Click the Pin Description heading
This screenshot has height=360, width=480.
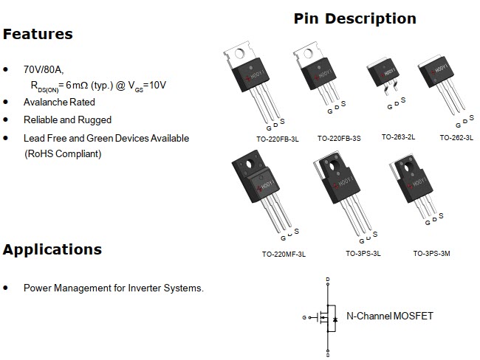tap(354, 18)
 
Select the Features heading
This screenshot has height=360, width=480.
tap(38, 34)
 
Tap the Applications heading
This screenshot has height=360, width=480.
tap(52, 249)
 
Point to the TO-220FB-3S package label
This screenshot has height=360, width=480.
tap(339, 138)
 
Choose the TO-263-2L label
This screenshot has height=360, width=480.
tap(398, 137)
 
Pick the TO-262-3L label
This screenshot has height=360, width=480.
tap(456, 137)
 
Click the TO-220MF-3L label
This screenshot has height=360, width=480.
tap(284, 254)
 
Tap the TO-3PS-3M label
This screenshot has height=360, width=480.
tap(431, 254)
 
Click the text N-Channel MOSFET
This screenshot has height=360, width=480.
tap(390, 316)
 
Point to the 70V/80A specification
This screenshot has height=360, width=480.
tap(44, 69)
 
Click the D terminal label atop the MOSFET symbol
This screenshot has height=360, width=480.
tap(328, 279)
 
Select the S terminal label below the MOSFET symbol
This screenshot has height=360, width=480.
tap(328, 355)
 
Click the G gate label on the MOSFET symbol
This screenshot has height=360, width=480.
tap(304, 317)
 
